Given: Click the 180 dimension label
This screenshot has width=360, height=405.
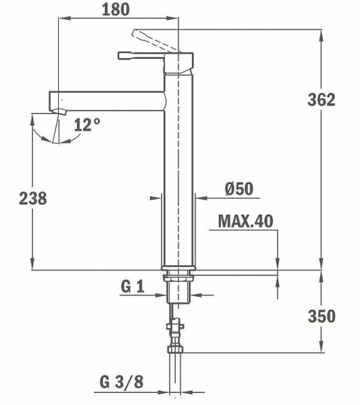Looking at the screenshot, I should tap(116, 9).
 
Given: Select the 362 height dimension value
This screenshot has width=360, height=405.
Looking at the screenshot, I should tap(321, 100).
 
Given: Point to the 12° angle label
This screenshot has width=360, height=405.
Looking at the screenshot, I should tap(88, 124).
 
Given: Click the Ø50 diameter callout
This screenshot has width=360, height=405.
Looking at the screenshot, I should tap(238, 189).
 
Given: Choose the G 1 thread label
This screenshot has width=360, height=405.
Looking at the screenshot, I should tap(132, 287).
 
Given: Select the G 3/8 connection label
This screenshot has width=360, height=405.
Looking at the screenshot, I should tap(122, 382).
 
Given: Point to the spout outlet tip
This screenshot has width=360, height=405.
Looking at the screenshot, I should tap(57, 108).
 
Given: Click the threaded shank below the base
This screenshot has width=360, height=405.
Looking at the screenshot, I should tap(179, 290).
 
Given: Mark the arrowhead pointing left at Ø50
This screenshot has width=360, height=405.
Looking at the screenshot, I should tap(201, 198).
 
